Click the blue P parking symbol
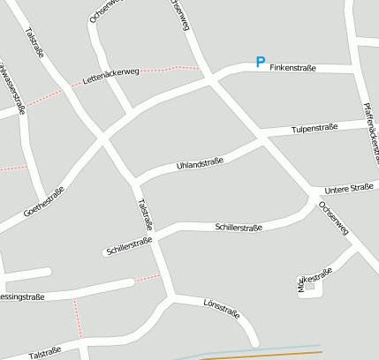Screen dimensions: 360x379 click(260, 62)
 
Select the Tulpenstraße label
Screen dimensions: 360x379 click(315, 130)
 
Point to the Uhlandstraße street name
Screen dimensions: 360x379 click(201, 163)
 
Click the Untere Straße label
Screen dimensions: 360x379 click(349, 189)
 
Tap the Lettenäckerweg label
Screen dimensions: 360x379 click(110, 76)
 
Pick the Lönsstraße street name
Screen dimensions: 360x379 click(221, 308)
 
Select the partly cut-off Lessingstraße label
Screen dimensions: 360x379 click(22, 297)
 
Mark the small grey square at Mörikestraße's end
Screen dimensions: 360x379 click(308, 289)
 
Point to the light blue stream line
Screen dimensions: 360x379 click(265, 349)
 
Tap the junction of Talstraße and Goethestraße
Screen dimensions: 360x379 click(103, 138)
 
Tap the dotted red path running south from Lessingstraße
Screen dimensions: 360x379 click(77, 318)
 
